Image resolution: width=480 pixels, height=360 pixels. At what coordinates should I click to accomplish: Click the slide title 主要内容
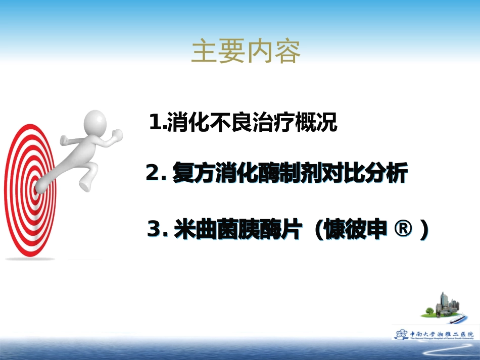246,52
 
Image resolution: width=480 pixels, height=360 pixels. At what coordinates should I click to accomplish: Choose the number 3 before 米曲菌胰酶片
154,230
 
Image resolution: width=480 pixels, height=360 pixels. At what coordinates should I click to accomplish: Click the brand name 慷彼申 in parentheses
357,230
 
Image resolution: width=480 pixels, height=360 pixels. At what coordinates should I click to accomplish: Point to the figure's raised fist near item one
117,134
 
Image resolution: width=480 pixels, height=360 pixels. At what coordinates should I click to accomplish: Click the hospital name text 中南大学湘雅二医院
442,334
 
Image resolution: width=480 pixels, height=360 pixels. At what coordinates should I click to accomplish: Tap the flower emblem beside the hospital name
402,334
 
